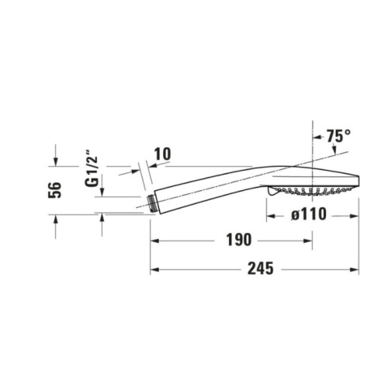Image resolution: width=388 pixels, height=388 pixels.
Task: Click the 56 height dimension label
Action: click(55, 191)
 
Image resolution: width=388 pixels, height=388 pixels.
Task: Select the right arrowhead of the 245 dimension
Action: click(355, 270)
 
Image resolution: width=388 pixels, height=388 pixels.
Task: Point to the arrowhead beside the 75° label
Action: click(318, 137)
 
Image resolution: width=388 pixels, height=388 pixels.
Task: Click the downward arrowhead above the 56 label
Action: click(55, 161)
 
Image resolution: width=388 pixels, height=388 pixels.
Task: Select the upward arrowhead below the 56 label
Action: click(55, 220)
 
